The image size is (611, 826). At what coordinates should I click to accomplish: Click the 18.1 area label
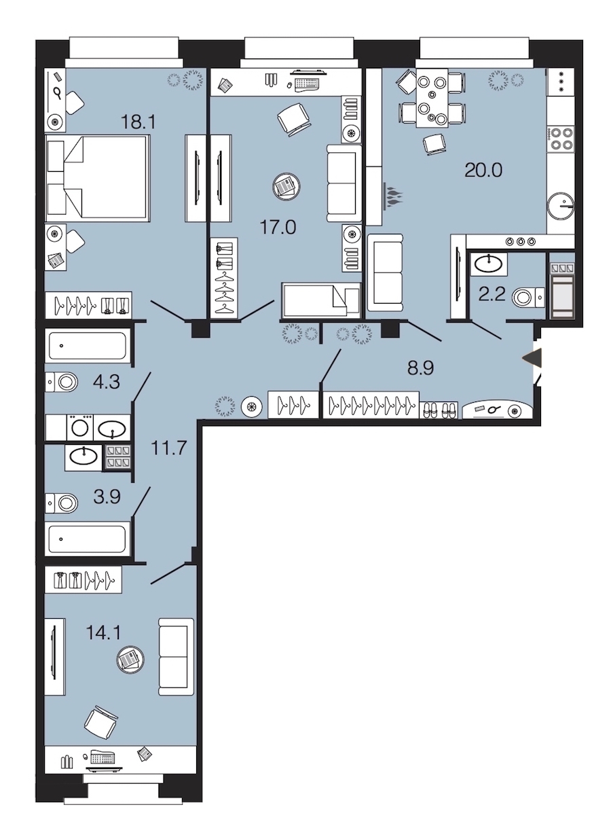click(x=138, y=122)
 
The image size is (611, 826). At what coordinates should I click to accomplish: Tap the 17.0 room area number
click(x=278, y=227)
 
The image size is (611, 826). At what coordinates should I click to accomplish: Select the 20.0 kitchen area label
click(x=483, y=170)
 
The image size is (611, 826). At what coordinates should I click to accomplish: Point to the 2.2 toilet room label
click(x=492, y=294)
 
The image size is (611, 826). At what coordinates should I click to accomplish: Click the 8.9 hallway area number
click(x=421, y=368)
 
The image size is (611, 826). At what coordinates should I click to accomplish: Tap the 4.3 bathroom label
click(x=107, y=382)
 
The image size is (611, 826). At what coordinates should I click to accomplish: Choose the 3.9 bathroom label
click(x=107, y=497)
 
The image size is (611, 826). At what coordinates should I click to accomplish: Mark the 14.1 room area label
click(x=103, y=632)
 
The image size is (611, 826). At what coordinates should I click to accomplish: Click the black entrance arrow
click(x=532, y=359)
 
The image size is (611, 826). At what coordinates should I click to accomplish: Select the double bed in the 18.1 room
click(x=97, y=178)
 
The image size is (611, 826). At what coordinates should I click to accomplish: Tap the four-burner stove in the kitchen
click(x=560, y=139)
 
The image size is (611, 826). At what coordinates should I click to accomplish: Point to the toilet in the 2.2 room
click(x=528, y=298)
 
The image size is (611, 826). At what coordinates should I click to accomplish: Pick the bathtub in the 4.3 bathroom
click(x=88, y=346)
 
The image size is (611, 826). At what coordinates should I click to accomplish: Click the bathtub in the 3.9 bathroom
click(x=88, y=539)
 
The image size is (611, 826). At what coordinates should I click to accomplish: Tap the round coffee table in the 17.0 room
click(x=286, y=186)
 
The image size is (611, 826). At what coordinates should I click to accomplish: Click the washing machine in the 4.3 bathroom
click(x=79, y=427)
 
